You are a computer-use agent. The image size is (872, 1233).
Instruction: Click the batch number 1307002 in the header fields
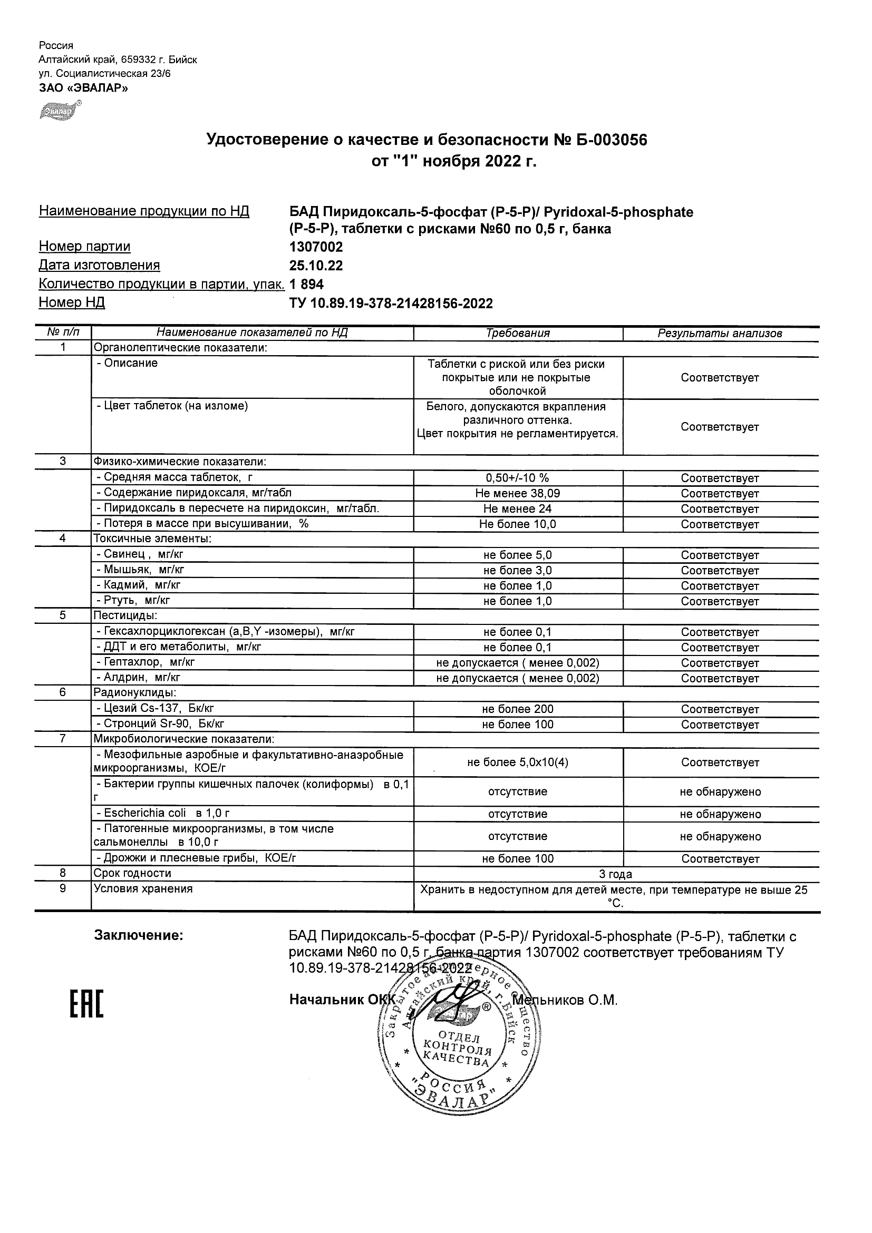pos(316,247)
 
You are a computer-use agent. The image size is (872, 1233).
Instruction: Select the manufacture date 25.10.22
pos(316,266)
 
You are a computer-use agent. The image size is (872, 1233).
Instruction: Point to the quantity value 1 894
pos(307,284)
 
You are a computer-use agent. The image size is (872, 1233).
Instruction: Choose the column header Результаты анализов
pos(720,334)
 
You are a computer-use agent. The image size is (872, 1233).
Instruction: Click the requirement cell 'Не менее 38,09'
pos(517,493)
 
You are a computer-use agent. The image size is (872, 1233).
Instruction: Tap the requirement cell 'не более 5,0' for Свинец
pos(517,555)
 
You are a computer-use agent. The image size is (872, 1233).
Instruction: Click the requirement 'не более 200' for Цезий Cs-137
pos(517,709)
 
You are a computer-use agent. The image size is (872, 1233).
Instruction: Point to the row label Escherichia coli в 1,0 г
pos(163,813)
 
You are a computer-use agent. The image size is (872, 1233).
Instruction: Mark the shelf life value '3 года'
pos(615,874)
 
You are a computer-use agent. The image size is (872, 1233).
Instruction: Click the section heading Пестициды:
pos(125,615)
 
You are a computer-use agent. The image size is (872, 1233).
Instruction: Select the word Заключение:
pos(139,935)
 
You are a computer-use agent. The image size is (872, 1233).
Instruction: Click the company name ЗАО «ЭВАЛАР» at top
pos(83,88)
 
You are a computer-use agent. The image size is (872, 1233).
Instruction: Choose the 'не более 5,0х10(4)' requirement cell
pos(517,762)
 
